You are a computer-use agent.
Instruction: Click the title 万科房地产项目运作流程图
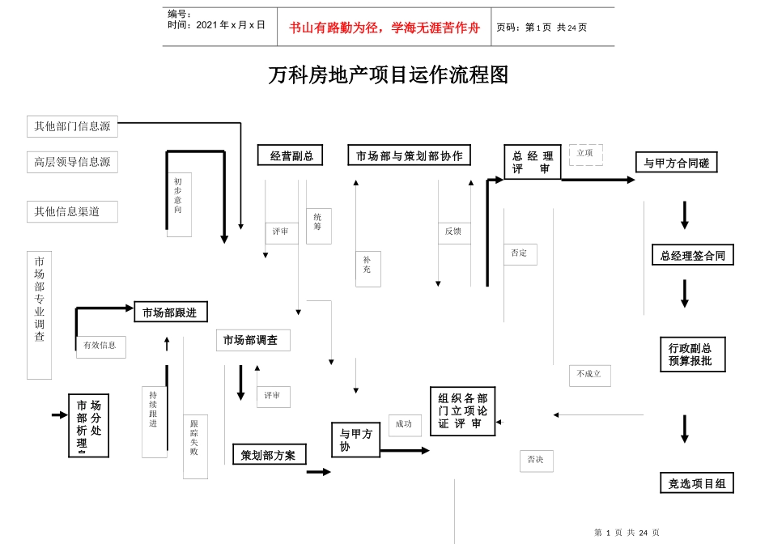pos(388,75)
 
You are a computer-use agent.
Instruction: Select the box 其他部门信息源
pos(72,126)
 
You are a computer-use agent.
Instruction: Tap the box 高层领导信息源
pos(72,162)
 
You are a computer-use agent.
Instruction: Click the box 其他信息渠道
pos(72,211)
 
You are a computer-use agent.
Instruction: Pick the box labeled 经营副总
pos(290,155)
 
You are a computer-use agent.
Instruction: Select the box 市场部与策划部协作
pos(409,155)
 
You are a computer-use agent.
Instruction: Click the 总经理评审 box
pos(532,162)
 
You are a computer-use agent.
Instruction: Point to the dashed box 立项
pos(585,154)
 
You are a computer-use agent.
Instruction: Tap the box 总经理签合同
pos(692,256)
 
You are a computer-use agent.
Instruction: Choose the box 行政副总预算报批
pos(692,355)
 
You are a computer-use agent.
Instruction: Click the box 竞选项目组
pos(696,483)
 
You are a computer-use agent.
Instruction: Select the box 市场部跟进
pos(170,312)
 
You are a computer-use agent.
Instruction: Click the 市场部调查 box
pos(253,340)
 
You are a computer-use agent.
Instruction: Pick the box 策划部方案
pos(269,455)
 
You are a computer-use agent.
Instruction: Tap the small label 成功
pos(404,424)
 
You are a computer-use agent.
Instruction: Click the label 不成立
pos(589,375)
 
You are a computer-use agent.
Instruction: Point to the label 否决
pos(536,460)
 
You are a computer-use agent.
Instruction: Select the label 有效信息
pos(100,346)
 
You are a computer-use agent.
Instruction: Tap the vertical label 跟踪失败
pos(194,439)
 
